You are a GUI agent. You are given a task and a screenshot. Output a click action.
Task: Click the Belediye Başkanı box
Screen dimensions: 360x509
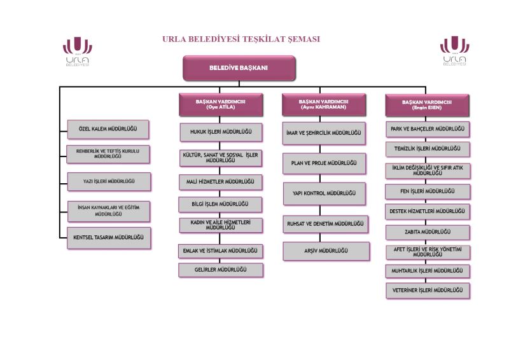(239, 68)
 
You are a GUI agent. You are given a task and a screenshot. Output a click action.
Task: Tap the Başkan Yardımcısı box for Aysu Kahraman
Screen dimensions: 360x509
(324, 104)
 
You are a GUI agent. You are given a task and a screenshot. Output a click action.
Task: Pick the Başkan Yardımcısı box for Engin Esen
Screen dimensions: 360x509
(427, 104)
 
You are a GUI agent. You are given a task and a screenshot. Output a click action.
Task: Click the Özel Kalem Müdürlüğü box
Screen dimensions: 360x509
(109, 130)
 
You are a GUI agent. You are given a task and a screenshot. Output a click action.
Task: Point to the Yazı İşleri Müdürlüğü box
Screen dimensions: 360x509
(109, 181)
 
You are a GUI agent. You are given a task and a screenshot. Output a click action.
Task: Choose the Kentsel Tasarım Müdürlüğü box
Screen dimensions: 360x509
(109, 237)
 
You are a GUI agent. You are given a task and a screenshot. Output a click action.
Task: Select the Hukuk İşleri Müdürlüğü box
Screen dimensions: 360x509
(221, 132)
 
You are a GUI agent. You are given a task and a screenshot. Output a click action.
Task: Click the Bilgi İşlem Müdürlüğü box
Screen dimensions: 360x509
(221, 204)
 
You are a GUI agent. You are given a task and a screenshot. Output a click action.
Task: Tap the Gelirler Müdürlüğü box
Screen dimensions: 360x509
(221, 270)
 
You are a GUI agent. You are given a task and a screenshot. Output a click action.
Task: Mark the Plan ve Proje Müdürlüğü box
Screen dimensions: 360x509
(324, 163)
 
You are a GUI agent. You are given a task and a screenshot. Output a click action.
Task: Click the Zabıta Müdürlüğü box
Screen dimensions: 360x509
(428, 232)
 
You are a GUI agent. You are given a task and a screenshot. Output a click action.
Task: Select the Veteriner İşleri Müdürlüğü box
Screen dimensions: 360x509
(428, 291)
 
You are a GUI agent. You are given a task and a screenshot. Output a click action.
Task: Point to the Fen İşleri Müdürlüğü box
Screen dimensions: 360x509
(428, 191)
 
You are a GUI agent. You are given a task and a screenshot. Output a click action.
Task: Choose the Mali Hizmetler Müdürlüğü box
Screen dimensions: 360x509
(221, 182)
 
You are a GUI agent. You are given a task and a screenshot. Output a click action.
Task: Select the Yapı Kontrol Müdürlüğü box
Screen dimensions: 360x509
(324, 193)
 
